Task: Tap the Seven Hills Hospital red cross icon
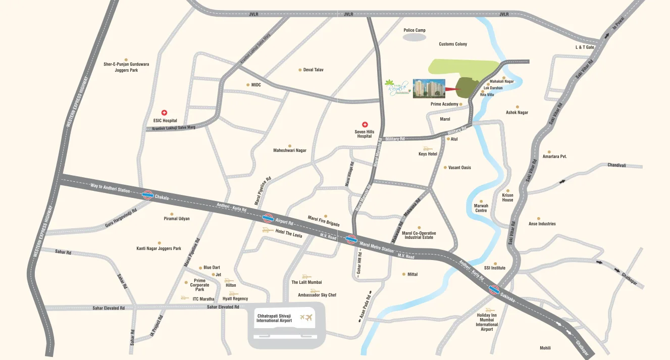point(365,125)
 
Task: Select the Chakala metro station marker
point(148,194)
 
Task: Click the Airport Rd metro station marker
point(268,218)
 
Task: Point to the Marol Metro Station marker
point(352,240)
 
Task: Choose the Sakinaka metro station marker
point(494,290)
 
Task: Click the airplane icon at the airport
point(306,318)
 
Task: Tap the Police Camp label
point(415,30)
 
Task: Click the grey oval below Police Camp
point(415,38)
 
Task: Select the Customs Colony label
point(453,44)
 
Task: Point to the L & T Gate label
point(585,47)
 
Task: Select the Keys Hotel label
point(428,153)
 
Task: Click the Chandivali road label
point(616,165)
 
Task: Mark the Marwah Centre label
point(481,208)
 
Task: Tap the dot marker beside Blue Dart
point(200,268)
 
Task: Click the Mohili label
point(545,348)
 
